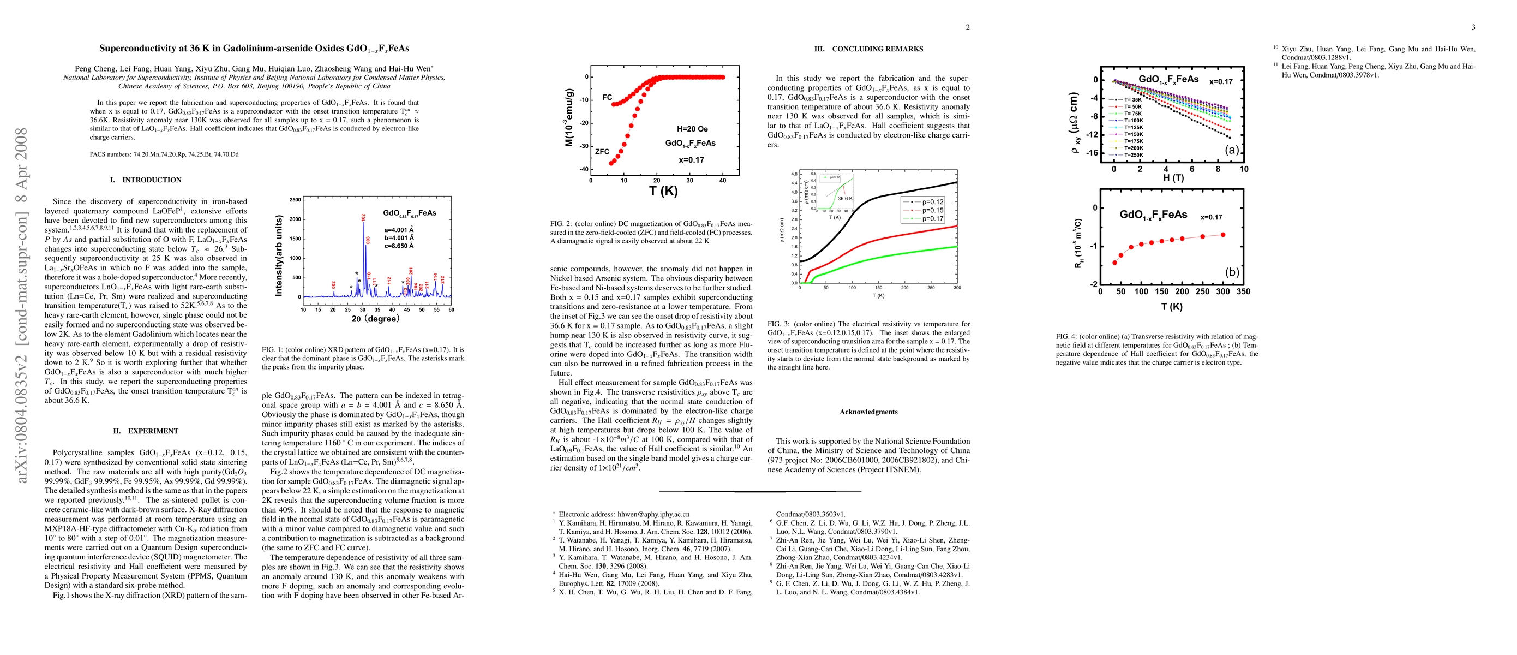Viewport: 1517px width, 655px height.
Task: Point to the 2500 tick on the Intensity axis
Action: click(x=295, y=200)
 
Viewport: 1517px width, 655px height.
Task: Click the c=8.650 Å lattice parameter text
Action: click(x=399, y=246)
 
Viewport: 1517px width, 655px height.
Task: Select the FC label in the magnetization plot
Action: click(x=607, y=97)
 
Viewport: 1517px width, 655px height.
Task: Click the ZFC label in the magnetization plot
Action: click(x=602, y=151)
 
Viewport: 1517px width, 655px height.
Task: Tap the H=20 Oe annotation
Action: click(x=692, y=129)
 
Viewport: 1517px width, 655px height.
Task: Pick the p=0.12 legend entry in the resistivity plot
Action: click(x=932, y=202)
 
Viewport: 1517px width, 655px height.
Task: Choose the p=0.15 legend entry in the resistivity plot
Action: click(x=932, y=210)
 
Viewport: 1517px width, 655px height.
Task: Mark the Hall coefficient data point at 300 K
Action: click(x=1223, y=234)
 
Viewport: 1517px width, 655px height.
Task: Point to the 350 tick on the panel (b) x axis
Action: click(x=1243, y=291)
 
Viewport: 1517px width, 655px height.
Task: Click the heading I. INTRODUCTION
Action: click(x=146, y=180)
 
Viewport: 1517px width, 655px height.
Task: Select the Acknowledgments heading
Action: click(x=868, y=412)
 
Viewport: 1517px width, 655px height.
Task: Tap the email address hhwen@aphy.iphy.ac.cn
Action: click(x=653, y=514)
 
